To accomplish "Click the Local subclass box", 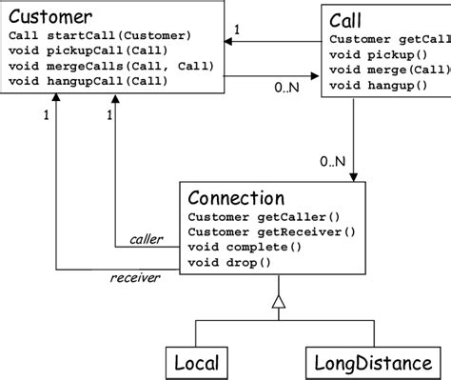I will point(196,362).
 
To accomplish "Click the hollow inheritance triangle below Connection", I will point(278,302).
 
